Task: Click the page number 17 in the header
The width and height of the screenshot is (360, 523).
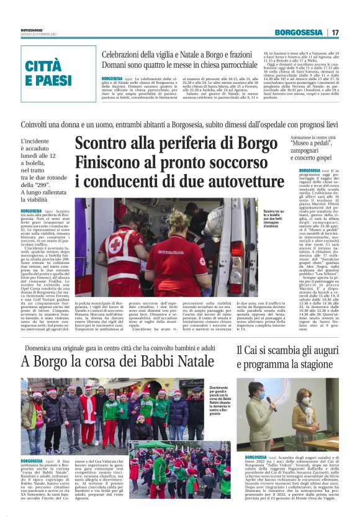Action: point(335,32)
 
